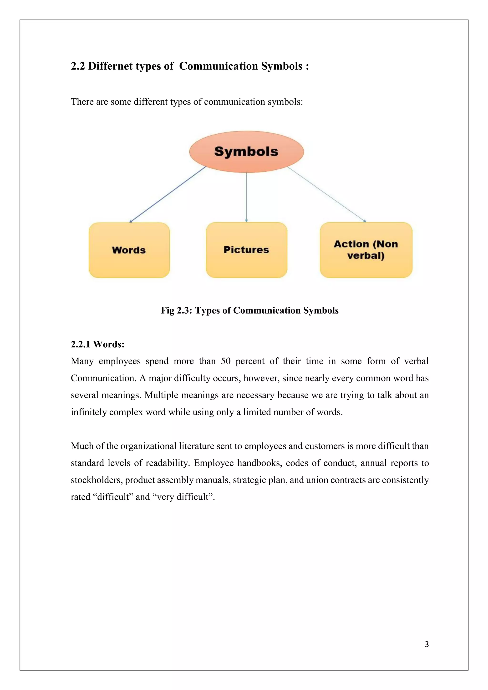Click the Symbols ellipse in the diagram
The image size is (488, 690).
tap(246, 152)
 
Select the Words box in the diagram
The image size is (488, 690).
tap(129, 250)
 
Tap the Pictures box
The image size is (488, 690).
tap(246, 250)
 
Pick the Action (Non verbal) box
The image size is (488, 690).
tap(366, 250)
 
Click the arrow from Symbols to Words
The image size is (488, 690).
tap(167, 194)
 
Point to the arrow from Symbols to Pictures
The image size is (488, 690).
tap(246, 197)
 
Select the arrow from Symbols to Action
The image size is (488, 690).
tap(327, 194)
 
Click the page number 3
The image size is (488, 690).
tap(426, 644)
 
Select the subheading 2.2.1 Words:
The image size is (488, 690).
tap(97, 344)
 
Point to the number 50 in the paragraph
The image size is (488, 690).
tap(226, 361)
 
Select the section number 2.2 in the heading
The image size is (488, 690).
tap(77, 66)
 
